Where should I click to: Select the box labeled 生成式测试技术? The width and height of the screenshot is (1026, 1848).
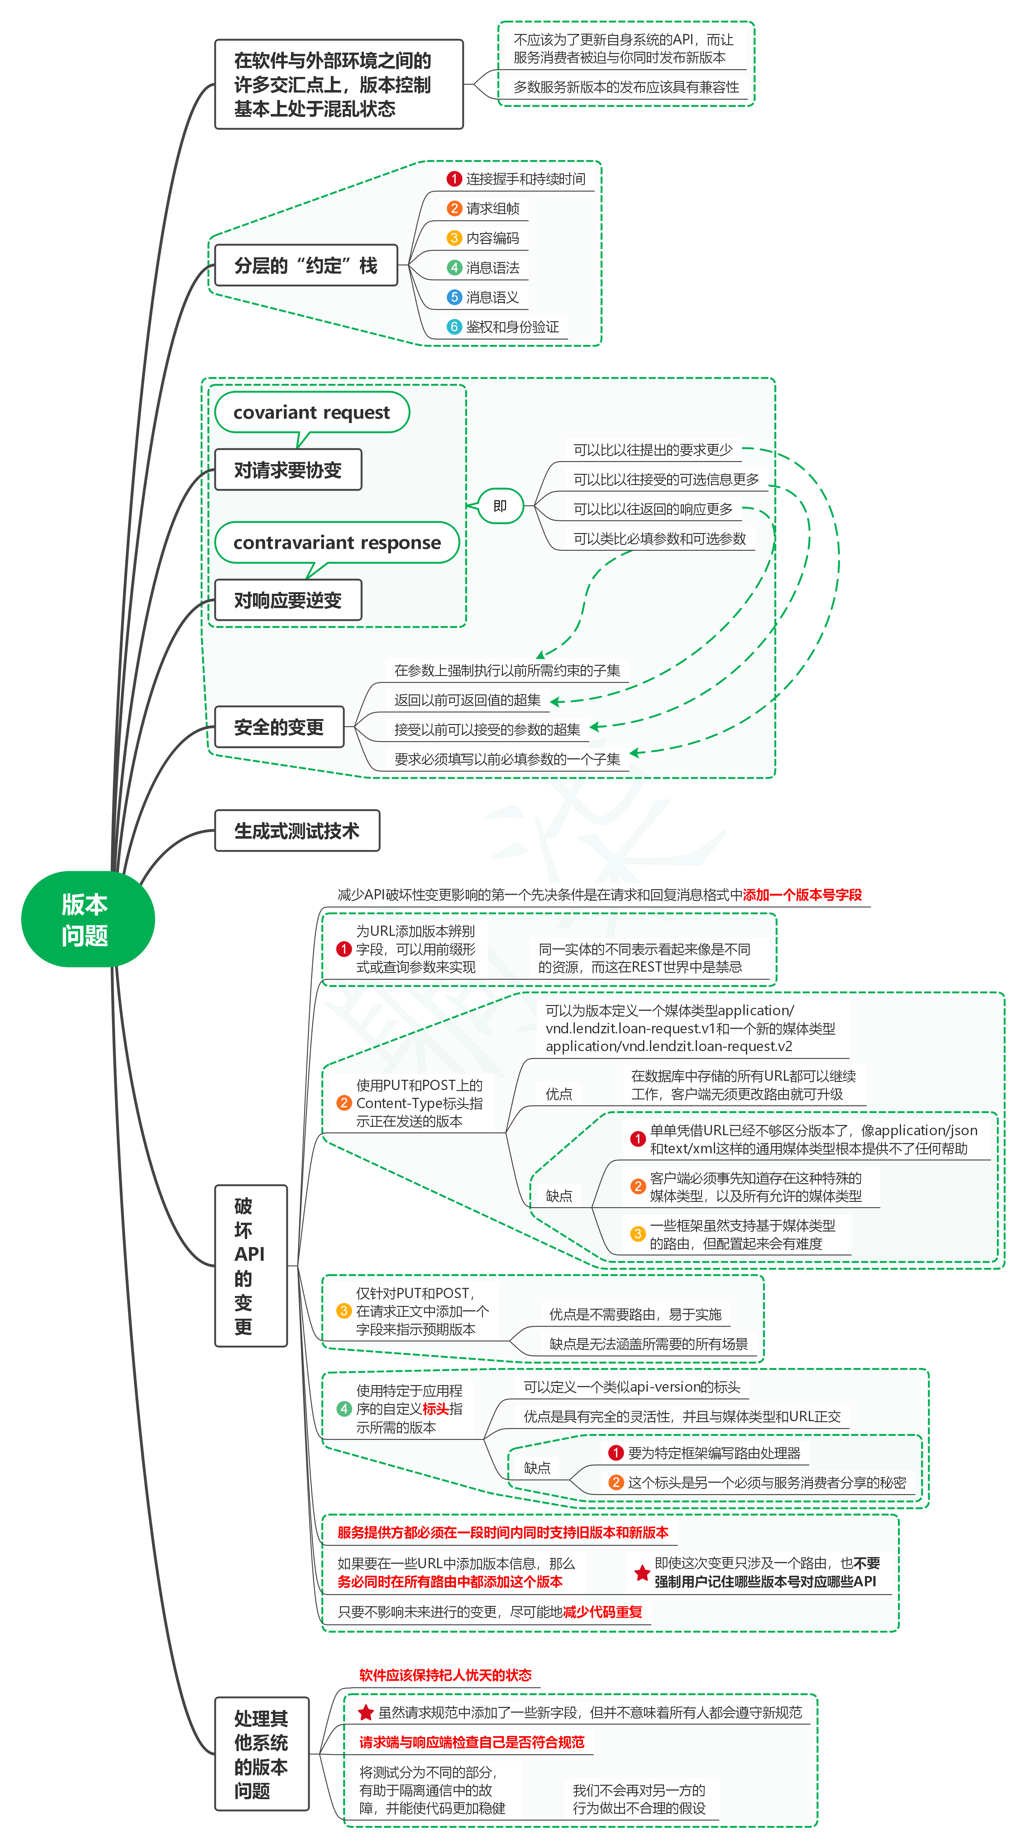click(x=296, y=831)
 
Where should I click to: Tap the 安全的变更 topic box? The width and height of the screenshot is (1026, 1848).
click(x=279, y=727)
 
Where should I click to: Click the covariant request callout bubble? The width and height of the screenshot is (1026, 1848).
click(x=311, y=412)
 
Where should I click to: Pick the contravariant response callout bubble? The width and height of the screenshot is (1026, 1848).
click(x=336, y=542)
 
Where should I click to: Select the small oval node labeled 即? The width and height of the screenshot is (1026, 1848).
click(x=500, y=506)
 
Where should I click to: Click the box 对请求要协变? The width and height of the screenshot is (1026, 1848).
click(x=288, y=470)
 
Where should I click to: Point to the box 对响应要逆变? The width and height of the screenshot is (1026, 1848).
click(x=288, y=600)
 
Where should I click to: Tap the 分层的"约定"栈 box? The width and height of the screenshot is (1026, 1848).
click(x=306, y=265)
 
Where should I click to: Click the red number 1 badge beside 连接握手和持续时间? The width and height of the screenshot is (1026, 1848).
click(x=453, y=179)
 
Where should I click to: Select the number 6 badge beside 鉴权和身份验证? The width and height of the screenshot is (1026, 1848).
click(x=453, y=326)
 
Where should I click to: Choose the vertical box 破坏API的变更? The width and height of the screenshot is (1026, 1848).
click(x=251, y=1265)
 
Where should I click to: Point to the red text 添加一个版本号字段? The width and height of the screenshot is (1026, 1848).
click(x=802, y=895)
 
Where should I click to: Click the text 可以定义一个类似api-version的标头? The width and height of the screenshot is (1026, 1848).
click(x=631, y=1387)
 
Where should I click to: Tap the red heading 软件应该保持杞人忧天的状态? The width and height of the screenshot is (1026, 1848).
click(x=445, y=1675)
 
